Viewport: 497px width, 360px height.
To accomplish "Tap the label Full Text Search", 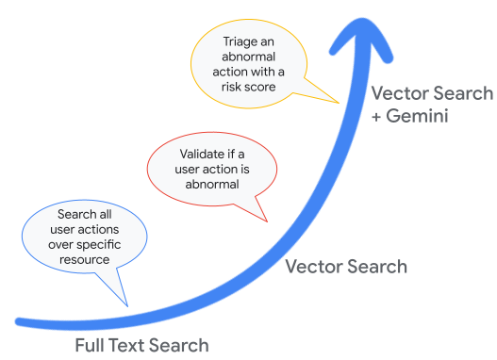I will tap(141, 345).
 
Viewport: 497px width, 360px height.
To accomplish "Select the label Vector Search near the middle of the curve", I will tap(346, 267).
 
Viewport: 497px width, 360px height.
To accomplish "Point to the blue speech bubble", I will tap(83, 237).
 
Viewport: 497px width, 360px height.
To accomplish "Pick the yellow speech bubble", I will tap(251, 63).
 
